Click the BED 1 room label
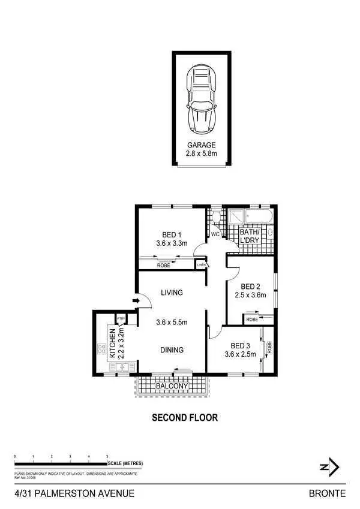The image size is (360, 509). pos(172,234)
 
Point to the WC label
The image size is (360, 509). pos(215,234)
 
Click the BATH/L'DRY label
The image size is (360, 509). pos(249,236)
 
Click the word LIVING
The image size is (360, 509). pos(172,293)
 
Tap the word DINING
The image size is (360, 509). pos(172,350)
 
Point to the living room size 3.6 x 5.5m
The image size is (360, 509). pos(172,322)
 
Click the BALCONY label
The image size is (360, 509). pos(172,387)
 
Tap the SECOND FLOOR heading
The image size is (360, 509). pos(184,417)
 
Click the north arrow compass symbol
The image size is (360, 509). pos(329,466)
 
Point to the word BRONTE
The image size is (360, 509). pos(327,493)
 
